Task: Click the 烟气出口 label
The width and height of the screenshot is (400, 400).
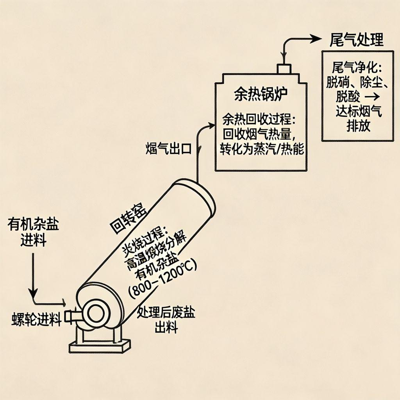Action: (x=168, y=148)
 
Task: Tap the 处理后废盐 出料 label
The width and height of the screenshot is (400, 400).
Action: (x=166, y=320)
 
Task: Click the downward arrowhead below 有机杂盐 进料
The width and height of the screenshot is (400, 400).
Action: (x=34, y=292)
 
